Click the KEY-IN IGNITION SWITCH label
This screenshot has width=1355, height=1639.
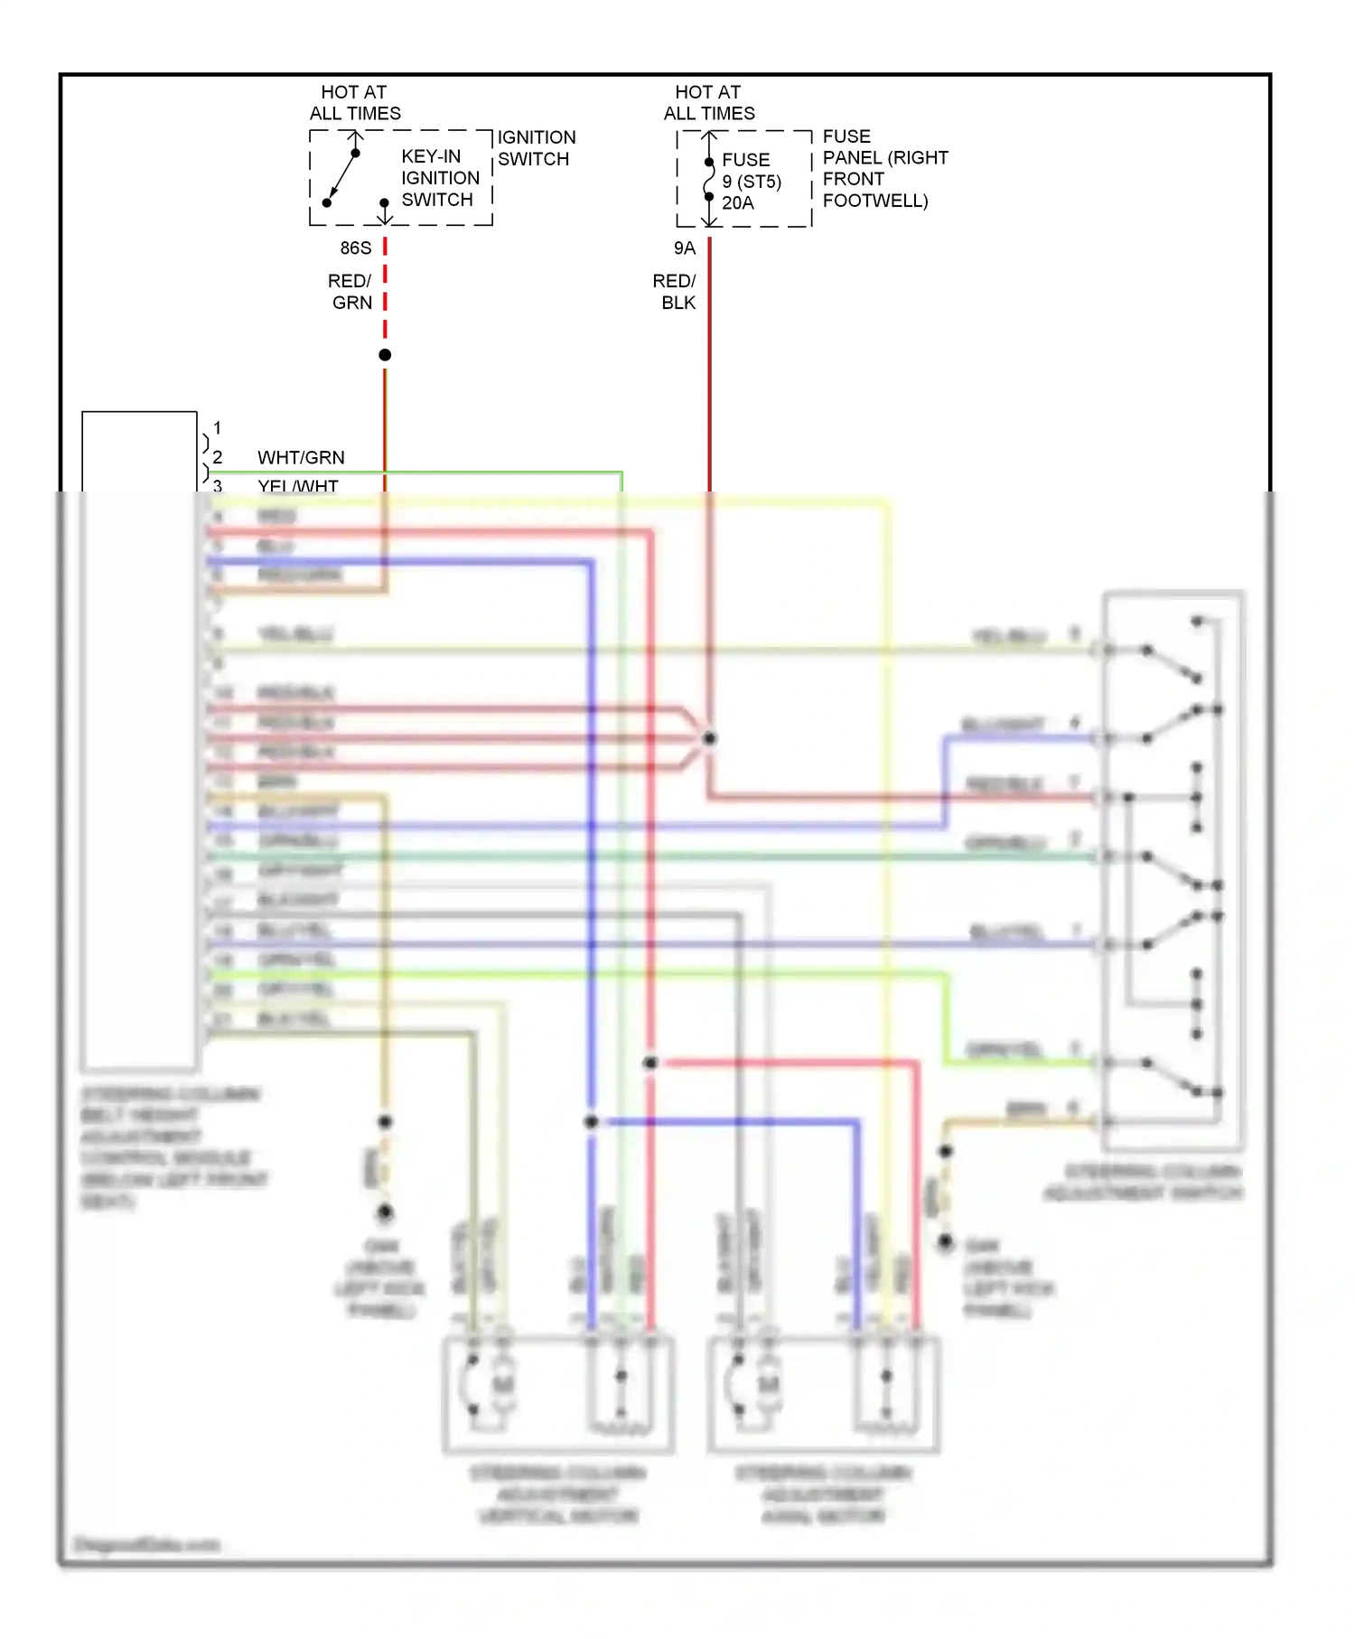click(x=440, y=178)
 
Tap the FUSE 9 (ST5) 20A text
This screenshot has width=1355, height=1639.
click(x=751, y=182)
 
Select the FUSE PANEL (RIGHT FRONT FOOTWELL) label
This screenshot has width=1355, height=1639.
click(x=884, y=169)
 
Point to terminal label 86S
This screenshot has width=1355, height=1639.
click(x=356, y=248)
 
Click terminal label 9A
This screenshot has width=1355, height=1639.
click(x=685, y=248)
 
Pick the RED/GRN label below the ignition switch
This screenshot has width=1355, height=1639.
click(x=350, y=292)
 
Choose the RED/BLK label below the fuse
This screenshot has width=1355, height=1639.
click(x=675, y=292)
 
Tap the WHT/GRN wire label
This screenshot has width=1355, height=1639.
click(x=301, y=458)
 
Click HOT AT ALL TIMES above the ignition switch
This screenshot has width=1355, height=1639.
click(x=355, y=103)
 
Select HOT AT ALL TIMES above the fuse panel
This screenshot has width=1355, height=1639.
click(x=709, y=103)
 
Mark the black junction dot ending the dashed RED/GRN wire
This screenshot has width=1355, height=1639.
click(x=385, y=355)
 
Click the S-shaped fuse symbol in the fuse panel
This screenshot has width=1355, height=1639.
click(x=709, y=180)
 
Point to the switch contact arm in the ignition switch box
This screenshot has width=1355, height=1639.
click(x=341, y=178)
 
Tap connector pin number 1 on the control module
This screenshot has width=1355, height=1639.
click(x=217, y=428)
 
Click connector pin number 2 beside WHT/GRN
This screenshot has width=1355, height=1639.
click(x=217, y=458)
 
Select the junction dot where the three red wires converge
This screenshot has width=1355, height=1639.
click(x=710, y=738)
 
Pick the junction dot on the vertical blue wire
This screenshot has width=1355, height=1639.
click(x=591, y=1122)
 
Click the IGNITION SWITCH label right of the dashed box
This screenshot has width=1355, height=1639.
click(x=536, y=148)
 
